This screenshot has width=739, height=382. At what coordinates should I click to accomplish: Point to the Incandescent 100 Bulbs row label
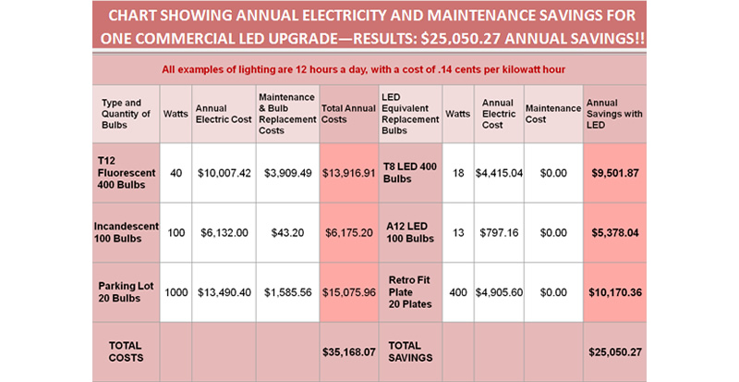point(126,232)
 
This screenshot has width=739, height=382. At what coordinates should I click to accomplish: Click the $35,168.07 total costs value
point(347,351)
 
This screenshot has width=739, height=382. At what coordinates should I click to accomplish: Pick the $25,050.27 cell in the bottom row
point(615,351)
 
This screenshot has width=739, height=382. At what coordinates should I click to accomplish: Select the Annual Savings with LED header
point(615,114)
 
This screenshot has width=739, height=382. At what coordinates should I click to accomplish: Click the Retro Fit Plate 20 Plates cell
point(409,291)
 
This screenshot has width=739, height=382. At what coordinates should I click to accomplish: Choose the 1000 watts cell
point(175,292)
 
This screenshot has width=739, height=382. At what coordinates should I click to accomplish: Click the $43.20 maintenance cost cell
point(286,232)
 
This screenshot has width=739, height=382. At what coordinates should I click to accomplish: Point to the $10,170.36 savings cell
point(615,292)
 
